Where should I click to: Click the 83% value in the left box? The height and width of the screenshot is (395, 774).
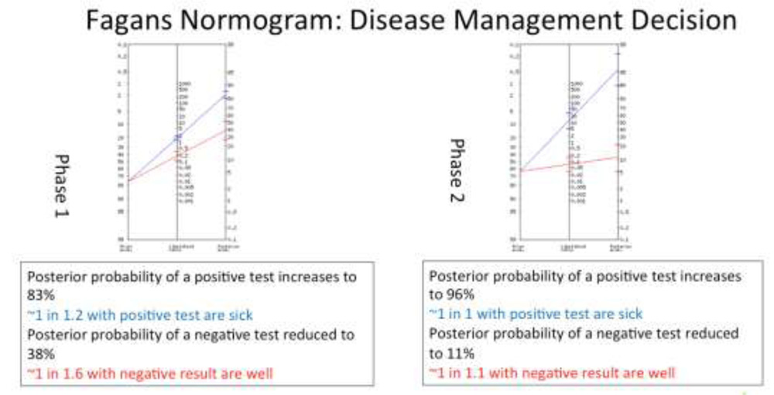coord(41,296)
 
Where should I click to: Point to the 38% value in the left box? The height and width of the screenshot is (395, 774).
coord(41,354)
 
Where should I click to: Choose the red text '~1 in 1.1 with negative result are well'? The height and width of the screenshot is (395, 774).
coord(551,373)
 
